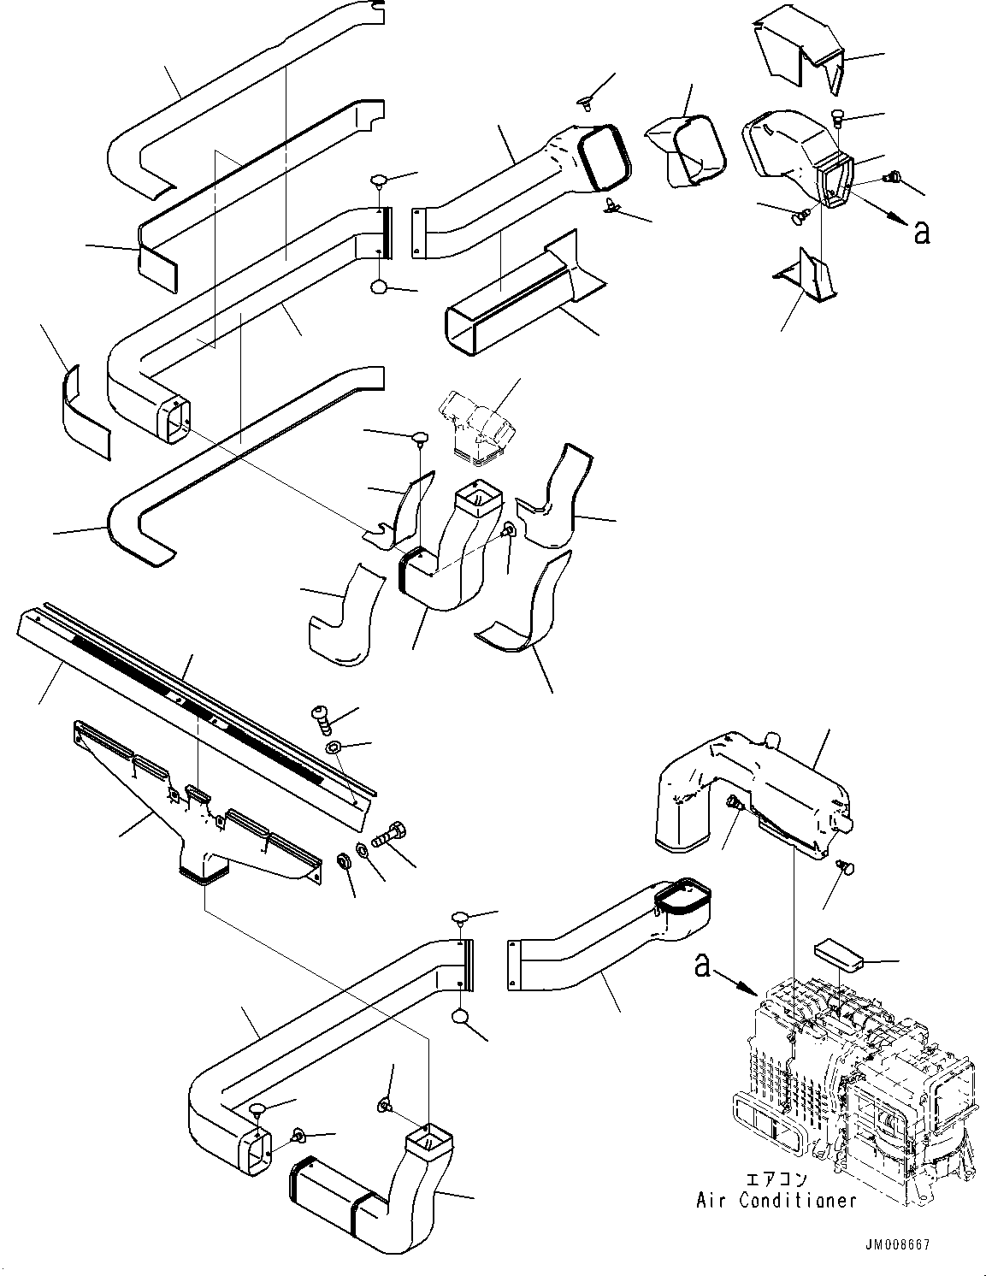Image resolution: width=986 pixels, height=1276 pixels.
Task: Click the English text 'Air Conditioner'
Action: tap(776, 1201)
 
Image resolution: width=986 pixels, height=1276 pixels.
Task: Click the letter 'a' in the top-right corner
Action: tap(921, 232)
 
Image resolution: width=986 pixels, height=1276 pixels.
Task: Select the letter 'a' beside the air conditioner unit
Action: tap(703, 966)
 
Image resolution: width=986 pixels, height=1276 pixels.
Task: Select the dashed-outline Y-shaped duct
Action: tap(479, 428)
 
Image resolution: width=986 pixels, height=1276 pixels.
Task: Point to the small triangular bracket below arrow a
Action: tap(808, 278)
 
